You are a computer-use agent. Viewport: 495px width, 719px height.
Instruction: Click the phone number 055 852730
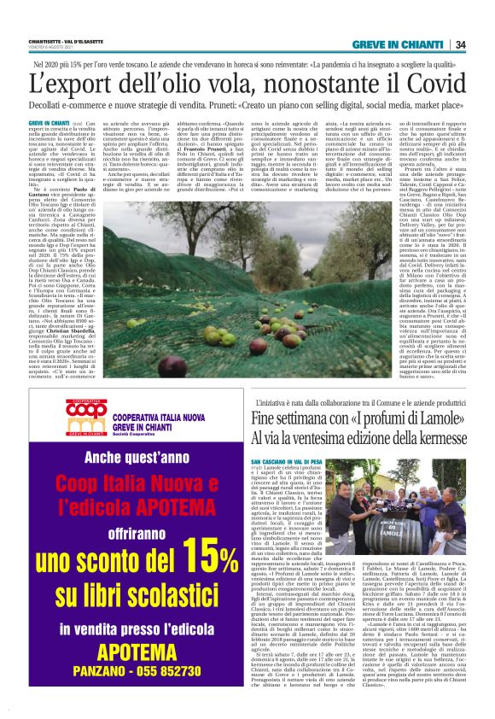click(x=182, y=672)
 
